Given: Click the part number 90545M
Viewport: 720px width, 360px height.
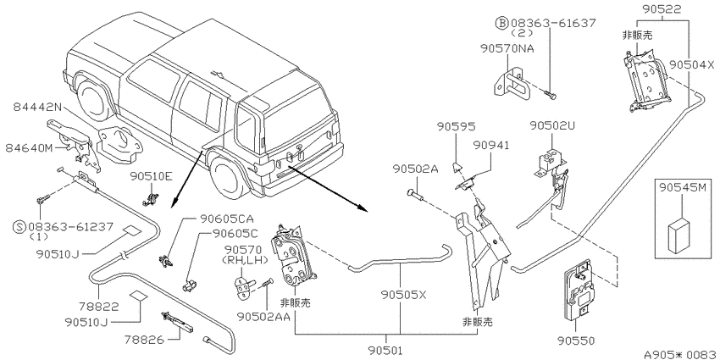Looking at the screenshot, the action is coord(682,188).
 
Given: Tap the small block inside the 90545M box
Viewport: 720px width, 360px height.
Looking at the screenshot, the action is coord(680,235).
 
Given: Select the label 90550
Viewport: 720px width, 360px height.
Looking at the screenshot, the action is coord(576,341).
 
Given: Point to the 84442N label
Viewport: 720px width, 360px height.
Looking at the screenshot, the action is coord(37,107).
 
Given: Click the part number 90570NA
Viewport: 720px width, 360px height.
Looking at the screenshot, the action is coord(507,48).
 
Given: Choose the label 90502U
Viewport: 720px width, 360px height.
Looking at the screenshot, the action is coord(552,125).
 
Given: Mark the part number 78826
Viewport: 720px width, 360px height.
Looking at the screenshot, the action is coord(144,340).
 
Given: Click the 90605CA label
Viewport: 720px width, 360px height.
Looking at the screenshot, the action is coord(227,219).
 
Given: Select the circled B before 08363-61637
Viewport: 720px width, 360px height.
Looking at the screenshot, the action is coord(501,23).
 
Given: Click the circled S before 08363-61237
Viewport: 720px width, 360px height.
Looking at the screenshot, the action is coord(19,227).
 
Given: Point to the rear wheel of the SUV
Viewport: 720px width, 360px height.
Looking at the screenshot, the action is coord(225,176).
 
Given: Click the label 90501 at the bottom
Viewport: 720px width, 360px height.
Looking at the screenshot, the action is coord(385,351).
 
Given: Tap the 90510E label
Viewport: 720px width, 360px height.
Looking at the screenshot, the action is coord(151,176).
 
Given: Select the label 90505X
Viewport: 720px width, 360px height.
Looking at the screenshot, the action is coord(403,294).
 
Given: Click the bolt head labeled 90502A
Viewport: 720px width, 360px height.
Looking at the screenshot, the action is coord(411,193).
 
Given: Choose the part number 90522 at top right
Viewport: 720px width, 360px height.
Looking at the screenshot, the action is coord(662,8).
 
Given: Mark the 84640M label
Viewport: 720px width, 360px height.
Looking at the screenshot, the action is coord(30,148).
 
